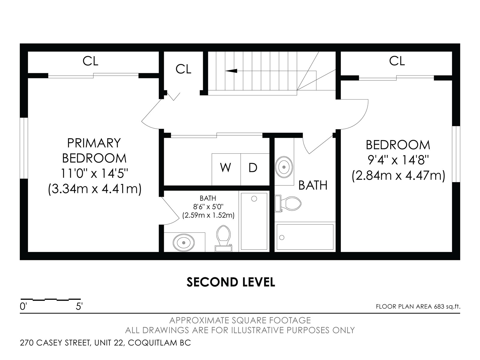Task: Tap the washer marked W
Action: click(x=226, y=169)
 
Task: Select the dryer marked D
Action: click(x=255, y=169)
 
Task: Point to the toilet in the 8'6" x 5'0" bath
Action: click(x=223, y=238)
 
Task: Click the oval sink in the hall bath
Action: click(x=284, y=167)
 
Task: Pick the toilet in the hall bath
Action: click(x=288, y=203)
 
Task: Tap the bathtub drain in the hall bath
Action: click(x=282, y=237)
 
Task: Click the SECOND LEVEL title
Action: click(x=231, y=282)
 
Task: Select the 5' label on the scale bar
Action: click(x=79, y=306)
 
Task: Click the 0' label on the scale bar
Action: click(x=23, y=306)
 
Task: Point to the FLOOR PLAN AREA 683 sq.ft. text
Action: click(x=418, y=307)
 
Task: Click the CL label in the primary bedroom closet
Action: click(x=90, y=61)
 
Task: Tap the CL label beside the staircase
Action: click(x=183, y=69)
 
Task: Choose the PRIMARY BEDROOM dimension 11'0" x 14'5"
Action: click(x=94, y=174)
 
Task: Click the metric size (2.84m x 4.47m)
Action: click(x=398, y=175)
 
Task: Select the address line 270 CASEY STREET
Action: click(x=105, y=343)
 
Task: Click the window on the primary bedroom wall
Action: click(x=24, y=148)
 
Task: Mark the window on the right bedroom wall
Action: click(x=456, y=154)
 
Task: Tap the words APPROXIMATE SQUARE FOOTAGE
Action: click(x=240, y=320)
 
